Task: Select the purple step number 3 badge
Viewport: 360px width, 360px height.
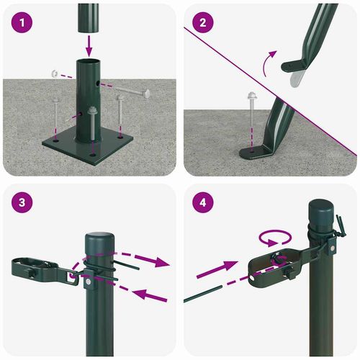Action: click(x=24, y=202)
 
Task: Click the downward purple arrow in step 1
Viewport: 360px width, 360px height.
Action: click(x=89, y=47)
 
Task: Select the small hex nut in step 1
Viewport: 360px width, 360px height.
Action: click(x=55, y=73)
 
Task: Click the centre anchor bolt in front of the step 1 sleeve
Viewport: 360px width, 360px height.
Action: click(x=93, y=126)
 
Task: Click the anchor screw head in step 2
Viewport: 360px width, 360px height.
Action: click(x=252, y=96)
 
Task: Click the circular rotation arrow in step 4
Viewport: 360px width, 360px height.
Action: click(x=276, y=238)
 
